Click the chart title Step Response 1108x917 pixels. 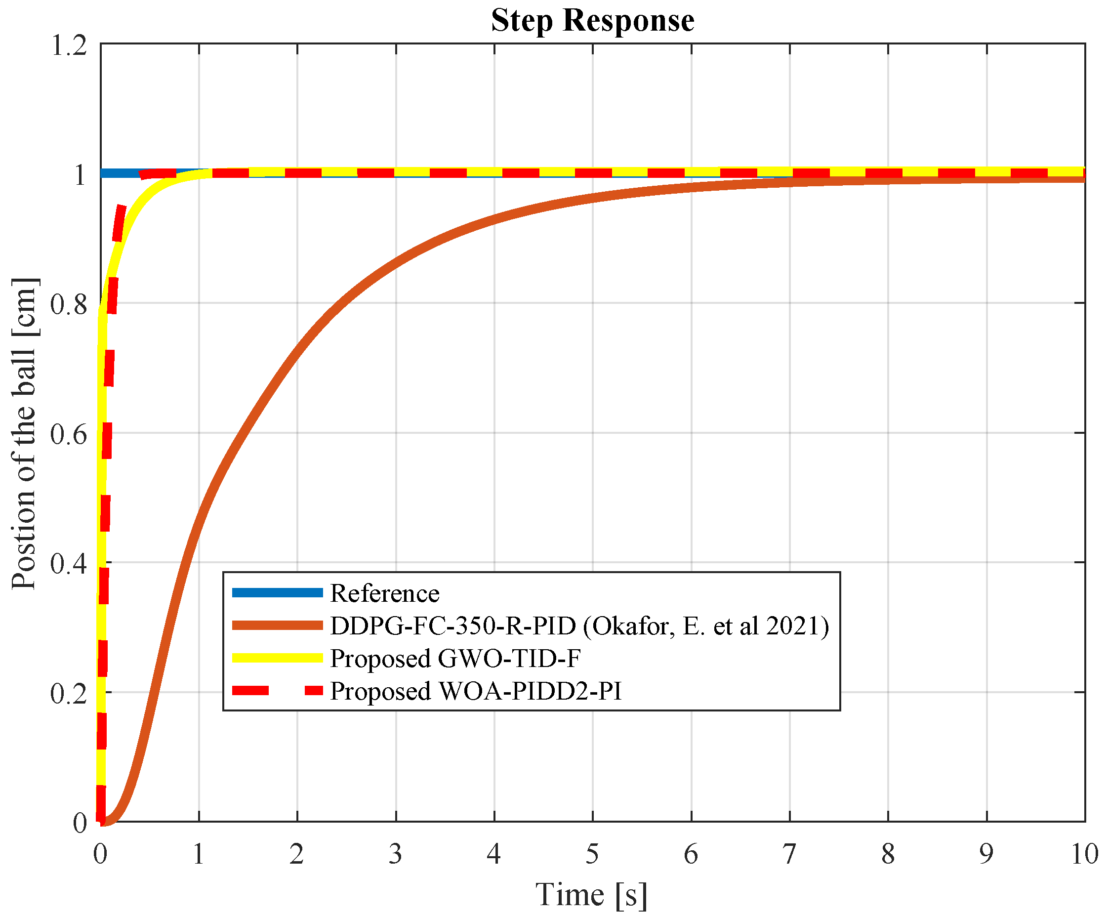(x=592, y=21)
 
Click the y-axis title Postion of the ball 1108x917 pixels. (x=24, y=433)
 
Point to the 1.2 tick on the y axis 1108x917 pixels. (x=69, y=45)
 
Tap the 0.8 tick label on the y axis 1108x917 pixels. (x=69, y=304)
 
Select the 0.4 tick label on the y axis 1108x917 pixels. (x=69, y=564)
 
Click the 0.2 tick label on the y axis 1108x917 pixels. (x=69, y=693)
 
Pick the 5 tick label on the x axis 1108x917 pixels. (x=592, y=854)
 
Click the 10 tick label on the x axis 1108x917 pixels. (x=1084, y=854)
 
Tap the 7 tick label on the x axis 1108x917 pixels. (x=789, y=854)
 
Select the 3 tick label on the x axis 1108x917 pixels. (x=395, y=854)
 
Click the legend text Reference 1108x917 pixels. (x=384, y=593)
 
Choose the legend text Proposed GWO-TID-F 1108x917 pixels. (x=455, y=659)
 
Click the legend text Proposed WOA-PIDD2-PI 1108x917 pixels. (x=475, y=691)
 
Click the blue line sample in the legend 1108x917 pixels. (x=277, y=592)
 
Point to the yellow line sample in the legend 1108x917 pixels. (x=277, y=658)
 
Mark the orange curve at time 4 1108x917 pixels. (x=494, y=219)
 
